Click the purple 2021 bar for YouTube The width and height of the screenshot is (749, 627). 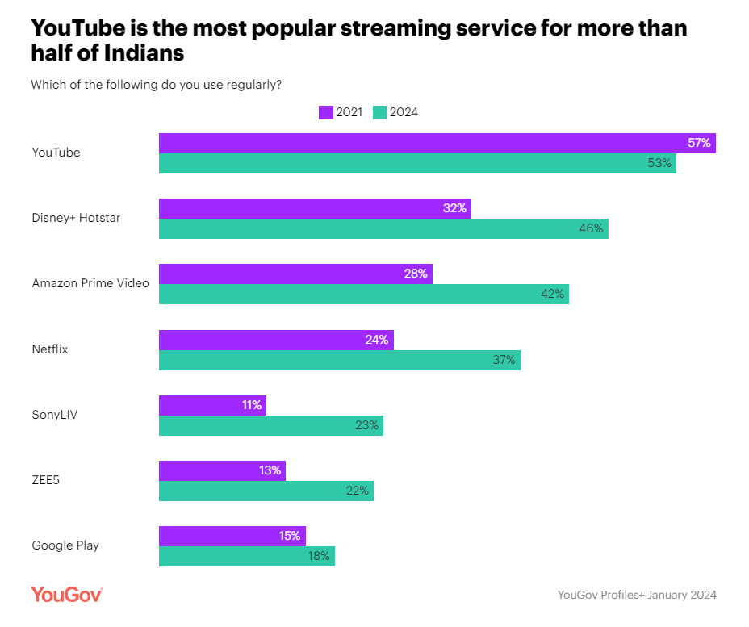(x=437, y=144)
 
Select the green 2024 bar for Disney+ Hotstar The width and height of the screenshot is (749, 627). (x=383, y=228)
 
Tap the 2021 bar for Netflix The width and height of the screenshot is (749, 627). (x=276, y=340)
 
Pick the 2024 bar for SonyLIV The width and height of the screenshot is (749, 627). (x=270, y=425)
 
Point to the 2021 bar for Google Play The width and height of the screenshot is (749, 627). (x=232, y=536)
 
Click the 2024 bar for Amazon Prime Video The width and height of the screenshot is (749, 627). (x=363, y=294)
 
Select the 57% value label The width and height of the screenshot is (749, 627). (x=699, y=143)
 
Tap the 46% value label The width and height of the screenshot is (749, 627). (x=591, y=228)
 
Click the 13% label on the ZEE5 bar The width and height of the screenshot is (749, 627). (x=270, y=470)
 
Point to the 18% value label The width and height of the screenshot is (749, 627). (x=318, y=556)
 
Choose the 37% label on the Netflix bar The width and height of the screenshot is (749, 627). (x=504, y=360)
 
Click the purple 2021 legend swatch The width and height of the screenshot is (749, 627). (x=326, y=112)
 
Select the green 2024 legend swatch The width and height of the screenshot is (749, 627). (x=380, y=112)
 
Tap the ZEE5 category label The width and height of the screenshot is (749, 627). (x=46, y=480)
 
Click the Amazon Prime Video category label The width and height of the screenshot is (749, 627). (x=90, y=283)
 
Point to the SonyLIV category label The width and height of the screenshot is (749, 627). (x=54, y=415)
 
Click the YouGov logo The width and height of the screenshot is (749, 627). (x=67, y=595)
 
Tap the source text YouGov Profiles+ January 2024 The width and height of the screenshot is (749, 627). (x=636, y=595)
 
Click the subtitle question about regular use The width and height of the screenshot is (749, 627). (x=156, y=84)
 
